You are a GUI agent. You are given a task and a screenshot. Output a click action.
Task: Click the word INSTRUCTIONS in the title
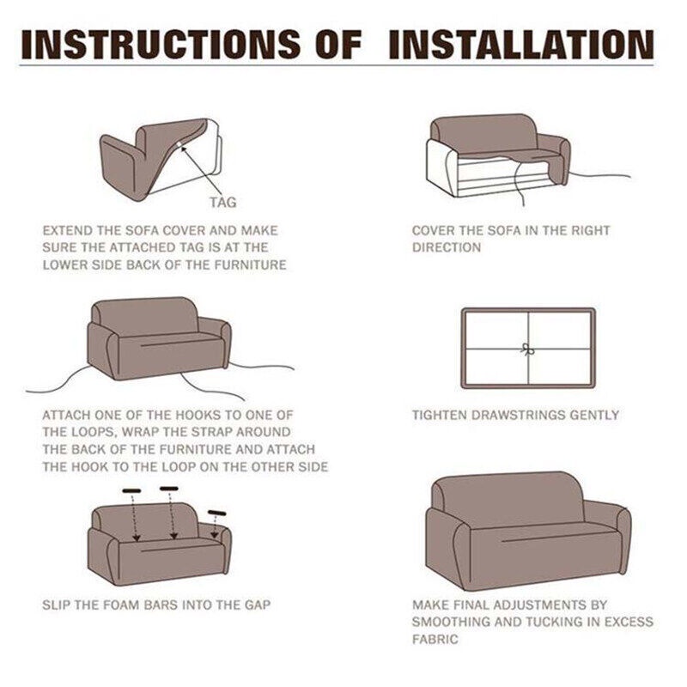(x=161, y=45)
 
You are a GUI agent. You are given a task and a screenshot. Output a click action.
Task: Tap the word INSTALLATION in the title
(x=521, y=45)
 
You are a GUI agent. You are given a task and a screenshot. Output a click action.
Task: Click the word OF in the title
(x=337, y=45)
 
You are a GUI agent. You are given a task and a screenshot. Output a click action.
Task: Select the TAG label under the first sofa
(x=222, y=203)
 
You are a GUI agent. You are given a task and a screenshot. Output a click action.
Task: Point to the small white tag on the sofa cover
(x=179, y=144)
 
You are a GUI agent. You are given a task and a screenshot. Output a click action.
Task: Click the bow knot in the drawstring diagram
(x=528, y=350)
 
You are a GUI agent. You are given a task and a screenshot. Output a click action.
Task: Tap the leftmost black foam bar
(x=132, y=490)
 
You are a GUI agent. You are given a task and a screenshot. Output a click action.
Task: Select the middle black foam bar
(x=169, y=488)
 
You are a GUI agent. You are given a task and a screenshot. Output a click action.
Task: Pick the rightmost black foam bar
(x=217, y=513)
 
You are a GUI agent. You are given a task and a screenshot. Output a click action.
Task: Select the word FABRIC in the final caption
(x=435, y=639)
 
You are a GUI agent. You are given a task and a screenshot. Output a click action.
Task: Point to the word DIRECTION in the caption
(x=447, y=247)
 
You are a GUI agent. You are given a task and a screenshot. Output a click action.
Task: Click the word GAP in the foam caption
(x=258, y=605)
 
